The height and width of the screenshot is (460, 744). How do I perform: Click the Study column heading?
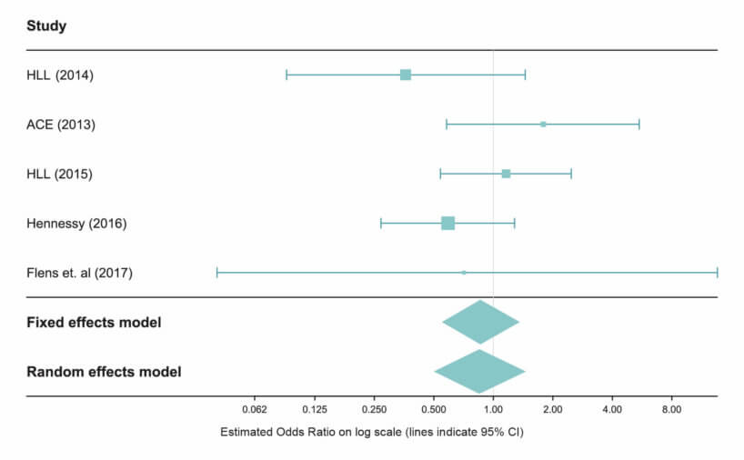tap(46, 26)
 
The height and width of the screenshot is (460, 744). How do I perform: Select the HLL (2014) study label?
tap(60, 75)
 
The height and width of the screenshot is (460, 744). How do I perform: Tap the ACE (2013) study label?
tap(61, 125)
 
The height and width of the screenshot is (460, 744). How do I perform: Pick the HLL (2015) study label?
tap(60, 174)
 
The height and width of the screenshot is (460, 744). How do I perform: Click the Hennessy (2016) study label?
tap(76, 223)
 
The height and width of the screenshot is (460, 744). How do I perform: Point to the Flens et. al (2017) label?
tap(80, 273)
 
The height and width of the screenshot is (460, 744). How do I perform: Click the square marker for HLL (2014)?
tap(406, 75)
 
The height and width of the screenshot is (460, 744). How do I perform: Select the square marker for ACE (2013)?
tap(543, 124)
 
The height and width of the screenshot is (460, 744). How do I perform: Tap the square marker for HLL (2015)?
tap(506, 174)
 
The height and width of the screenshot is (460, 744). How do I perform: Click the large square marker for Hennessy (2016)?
tap(447, 223)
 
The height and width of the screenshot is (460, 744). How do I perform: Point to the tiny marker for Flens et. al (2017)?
tap(464, 272)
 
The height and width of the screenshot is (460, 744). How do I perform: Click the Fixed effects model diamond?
tap(480, 322)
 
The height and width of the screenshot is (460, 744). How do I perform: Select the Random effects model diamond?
tap(479, 371)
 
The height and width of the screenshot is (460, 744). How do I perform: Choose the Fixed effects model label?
tap(94, 323)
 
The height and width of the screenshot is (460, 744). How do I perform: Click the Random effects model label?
tap(104, 372)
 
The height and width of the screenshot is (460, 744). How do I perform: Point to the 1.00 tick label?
tap(493, 410)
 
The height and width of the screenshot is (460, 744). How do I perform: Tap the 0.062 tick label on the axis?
tap(255, 410)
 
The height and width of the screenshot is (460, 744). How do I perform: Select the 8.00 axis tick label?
tap(671, 410)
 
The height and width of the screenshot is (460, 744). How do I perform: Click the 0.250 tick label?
tap(374, 410)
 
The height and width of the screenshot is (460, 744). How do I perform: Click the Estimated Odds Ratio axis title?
tap(372, 432)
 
